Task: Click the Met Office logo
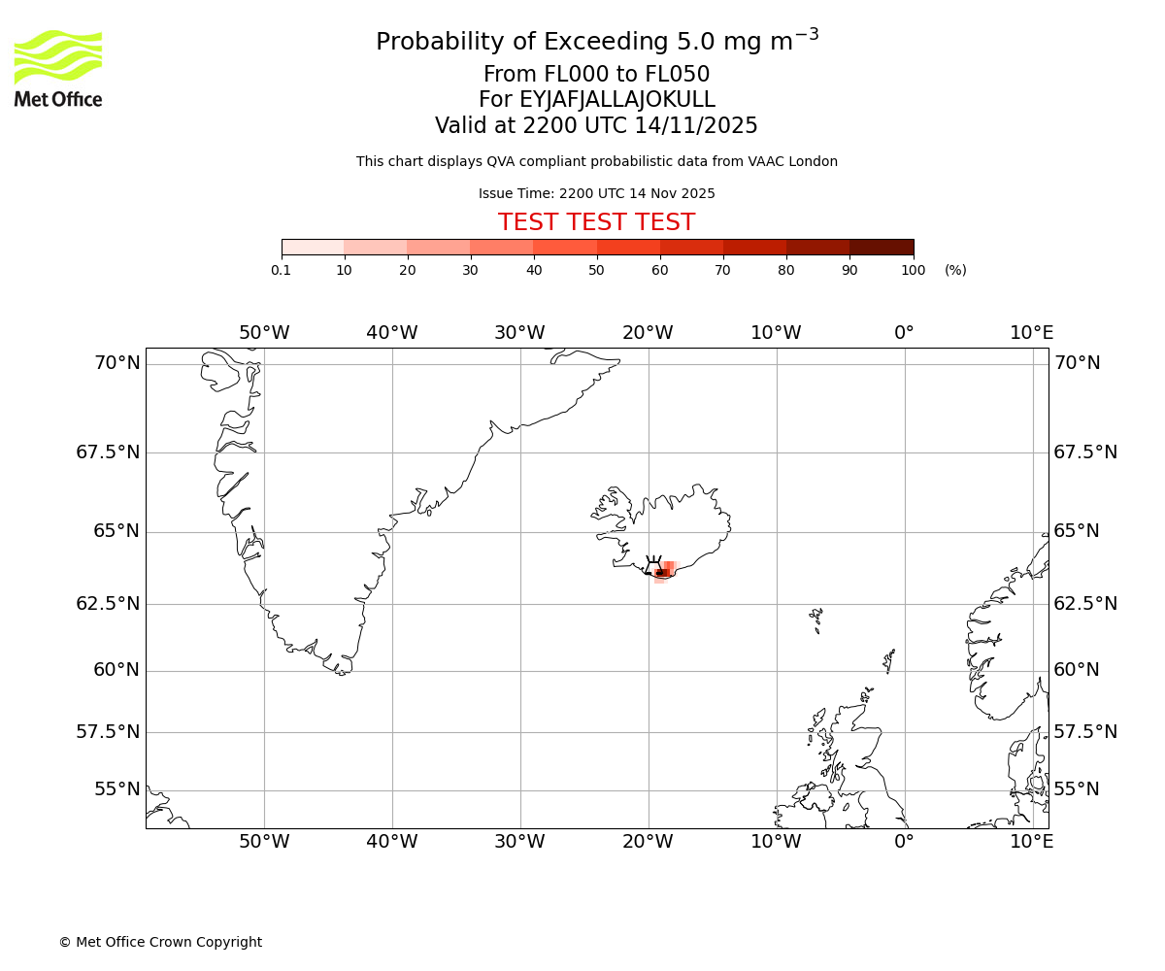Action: pos(58,68)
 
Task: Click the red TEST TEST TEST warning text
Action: pos(596,223)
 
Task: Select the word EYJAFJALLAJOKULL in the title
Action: pos(617,100)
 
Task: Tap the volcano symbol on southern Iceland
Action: pos(653,566)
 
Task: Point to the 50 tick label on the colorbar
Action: pos(596,270)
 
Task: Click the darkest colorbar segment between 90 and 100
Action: pos(882,248)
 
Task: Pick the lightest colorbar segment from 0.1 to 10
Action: pos(313,248)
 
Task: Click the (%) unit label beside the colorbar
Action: pos(955,270)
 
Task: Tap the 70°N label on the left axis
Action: pos(117,363)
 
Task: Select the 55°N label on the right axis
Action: pos(1077,789)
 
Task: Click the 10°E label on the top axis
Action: pos(1031,333)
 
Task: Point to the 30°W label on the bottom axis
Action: pos(519,842)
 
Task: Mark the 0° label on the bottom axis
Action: pos(904,842)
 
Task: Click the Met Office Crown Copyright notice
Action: pos(160,942)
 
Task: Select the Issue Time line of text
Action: pos(596,194)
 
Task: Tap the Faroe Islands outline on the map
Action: pos(816,618)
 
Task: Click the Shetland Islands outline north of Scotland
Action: pos(888,661)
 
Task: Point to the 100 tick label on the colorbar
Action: pos(913,270)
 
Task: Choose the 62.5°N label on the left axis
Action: pos(108,604)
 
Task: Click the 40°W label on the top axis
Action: pos(391,333)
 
